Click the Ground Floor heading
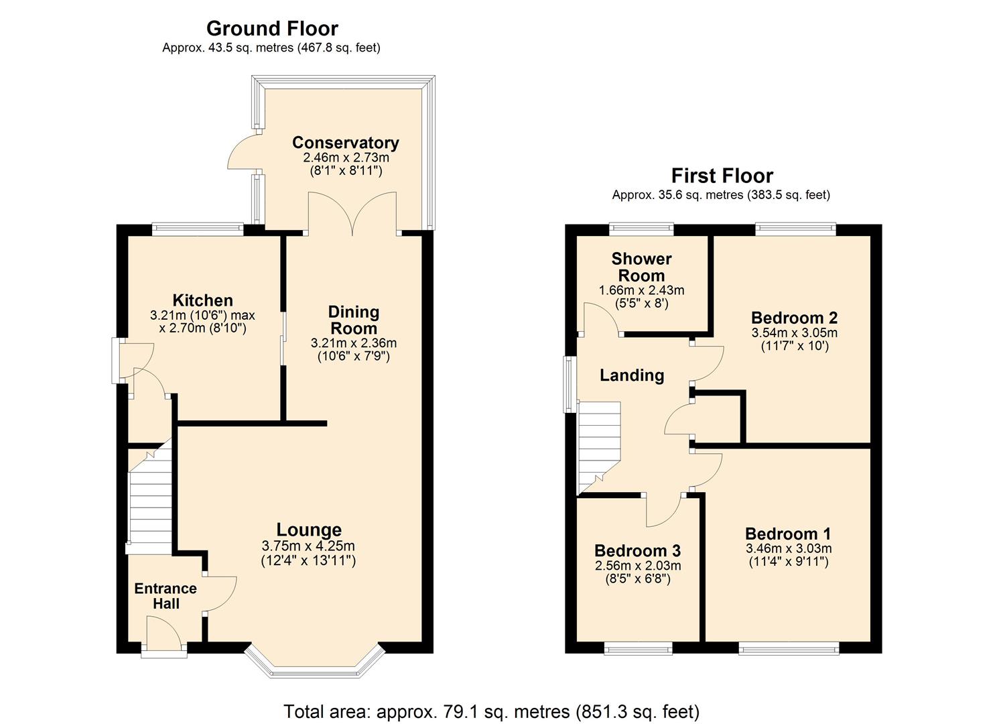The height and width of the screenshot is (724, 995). point(272,28)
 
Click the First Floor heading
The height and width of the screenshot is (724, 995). point(722,176)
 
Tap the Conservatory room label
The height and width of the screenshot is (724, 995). point(345,142)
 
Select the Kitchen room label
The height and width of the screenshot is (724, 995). point(202,300)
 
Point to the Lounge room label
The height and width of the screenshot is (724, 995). point(309,530)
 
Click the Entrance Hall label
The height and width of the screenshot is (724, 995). point(165,596)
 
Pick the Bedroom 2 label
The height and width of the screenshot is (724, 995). point(794,318)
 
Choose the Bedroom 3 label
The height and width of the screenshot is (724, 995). point(637,550)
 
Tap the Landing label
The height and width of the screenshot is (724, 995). point(631,375)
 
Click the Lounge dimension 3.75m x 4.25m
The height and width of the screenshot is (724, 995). point(308,546)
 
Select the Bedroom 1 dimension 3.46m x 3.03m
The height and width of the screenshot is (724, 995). point(788,548)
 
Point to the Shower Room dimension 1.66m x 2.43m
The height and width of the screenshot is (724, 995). point(641,290)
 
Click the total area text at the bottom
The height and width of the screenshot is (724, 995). point(491,711)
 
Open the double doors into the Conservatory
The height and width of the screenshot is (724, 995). point(352,213)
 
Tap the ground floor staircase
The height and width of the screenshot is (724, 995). point(151,499)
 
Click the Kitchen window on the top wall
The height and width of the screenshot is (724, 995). point(198,229)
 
